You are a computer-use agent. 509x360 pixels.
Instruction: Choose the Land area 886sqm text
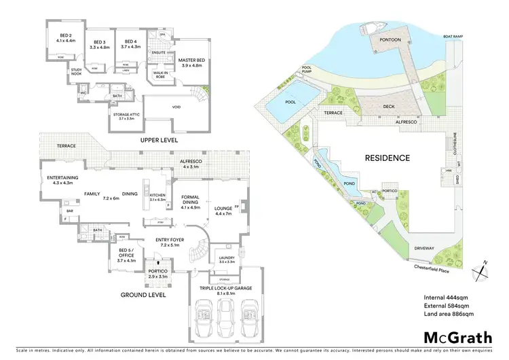pyautogui.click(x=449, y=314)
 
